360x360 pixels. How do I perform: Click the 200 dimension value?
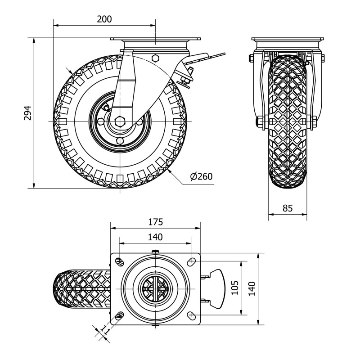pyautogui.click(x=104, y=19)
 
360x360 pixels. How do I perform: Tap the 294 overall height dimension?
pyautogui.click(x=27, y=113)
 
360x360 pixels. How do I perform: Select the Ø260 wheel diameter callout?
pyautogui.click(x=201, y=176)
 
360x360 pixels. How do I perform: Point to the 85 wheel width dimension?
pyautogui.click(x=288, y=208)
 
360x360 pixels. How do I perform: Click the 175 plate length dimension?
pyautogui.click(x=155, y=222)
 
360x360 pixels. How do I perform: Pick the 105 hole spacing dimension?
pyautogui.click(x=234, y=288)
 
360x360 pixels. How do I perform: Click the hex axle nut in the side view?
pyautogui.click(x=120, y=121)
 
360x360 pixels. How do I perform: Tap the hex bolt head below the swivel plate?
pyautogui.click(x=155, y=58)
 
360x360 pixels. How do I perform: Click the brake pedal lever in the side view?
pyautogui.click(x=204, y=58)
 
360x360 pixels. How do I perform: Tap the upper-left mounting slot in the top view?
pyautogui.click(x=120, y=261)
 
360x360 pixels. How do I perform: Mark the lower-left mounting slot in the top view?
pyautogui.click(x=120, y=315)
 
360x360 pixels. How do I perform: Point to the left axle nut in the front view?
pyautogui.click(x=260, y=121)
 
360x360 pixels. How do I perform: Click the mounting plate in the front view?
pyautogui.click(x=288, y=39)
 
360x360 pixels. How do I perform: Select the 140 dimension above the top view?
pyautogui.click(x=155, y=237)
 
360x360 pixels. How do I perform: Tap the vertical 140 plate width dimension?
pyautogui.click(x=252, y=288)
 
